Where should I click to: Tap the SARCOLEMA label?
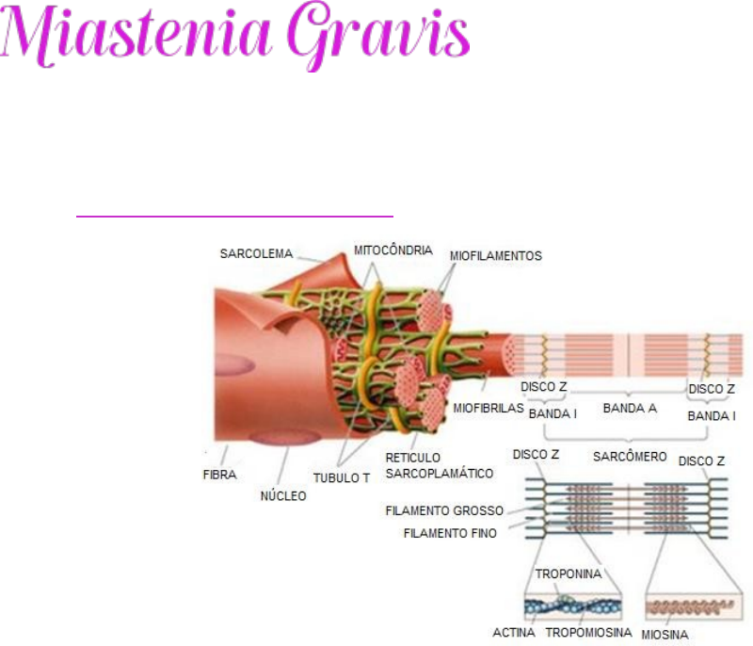256,253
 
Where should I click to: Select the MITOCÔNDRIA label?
393,250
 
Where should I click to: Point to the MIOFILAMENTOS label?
495,256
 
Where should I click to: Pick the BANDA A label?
630,409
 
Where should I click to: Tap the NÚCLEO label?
282,495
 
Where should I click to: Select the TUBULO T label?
341,477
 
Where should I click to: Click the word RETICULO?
413,457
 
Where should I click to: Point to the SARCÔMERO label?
630,457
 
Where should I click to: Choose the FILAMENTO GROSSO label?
444,511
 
